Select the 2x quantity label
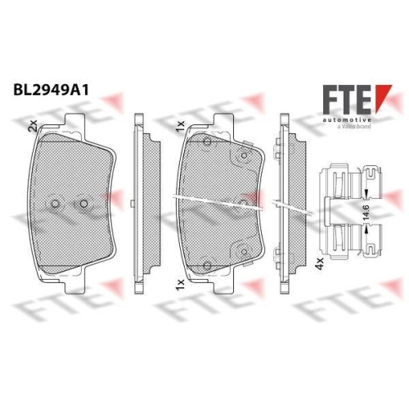pyautogui.click(x=33, y=125)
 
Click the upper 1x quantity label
pyautogui.click(x=178, y=126)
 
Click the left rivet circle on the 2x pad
pyautogui.click(x=54, y=204)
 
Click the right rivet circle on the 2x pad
pyautogui.click(x=83, y=204)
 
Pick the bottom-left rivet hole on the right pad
pyautogui.click(x=208, y=263)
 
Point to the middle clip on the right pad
pyautogui.click(x=242, y=201)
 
